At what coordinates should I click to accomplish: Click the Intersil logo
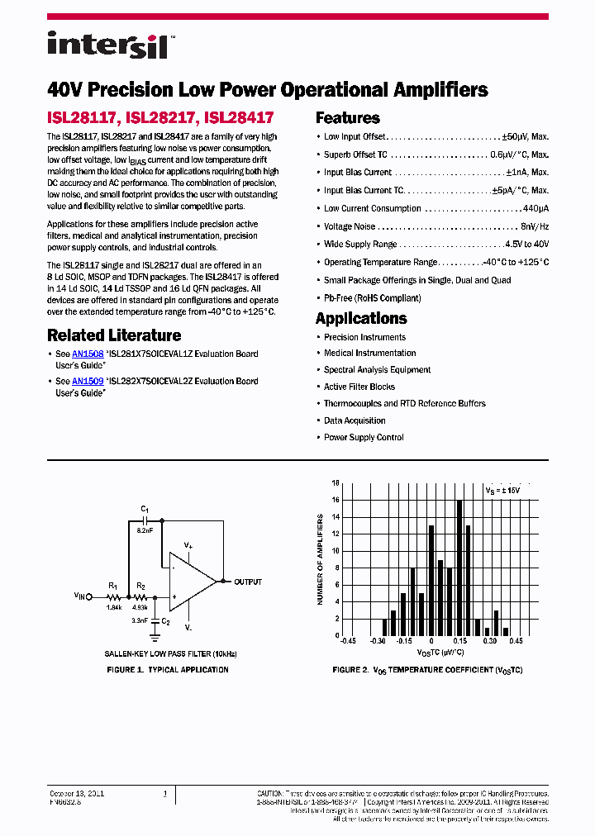[107, 45]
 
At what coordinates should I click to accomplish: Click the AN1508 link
[88, 354]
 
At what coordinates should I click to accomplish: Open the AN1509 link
[88, 381]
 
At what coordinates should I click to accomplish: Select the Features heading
[347, 118]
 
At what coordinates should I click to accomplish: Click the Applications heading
[361, 319]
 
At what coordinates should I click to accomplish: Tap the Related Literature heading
[114, 335]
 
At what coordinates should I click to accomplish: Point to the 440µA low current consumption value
[535, 209]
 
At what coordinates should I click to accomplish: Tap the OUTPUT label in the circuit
[248, 582]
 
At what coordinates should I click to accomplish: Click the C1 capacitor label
[145, 510]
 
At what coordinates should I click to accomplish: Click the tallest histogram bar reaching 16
[459, 568]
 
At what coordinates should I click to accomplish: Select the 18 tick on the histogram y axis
[336, 483]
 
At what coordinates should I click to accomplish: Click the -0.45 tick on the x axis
[348, 642]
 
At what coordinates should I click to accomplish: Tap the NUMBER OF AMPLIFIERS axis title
[321, 560]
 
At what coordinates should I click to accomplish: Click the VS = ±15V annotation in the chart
[502, 490]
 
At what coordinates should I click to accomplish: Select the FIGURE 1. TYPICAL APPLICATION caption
[168, 670]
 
